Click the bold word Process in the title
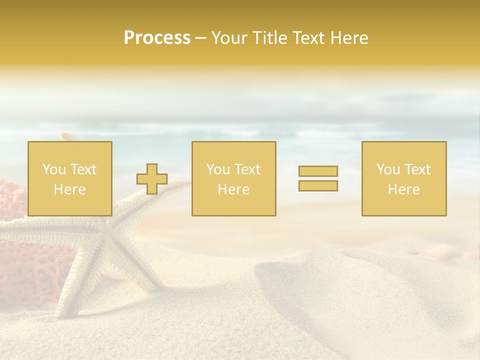pos(157,38)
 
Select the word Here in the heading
pos(349,38)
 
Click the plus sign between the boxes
pos(152,178)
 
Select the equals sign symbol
pos(318,178)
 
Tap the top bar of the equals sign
pos(318,171)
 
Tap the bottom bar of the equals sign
pos(318,186)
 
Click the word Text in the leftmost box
pos(83,169)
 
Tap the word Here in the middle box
pos(233,189)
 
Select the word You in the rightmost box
pos(388,169)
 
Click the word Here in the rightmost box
pos(404,189)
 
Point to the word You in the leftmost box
pos(54,169)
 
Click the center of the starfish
pos(107,232)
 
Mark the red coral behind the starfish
pos(25,270)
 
